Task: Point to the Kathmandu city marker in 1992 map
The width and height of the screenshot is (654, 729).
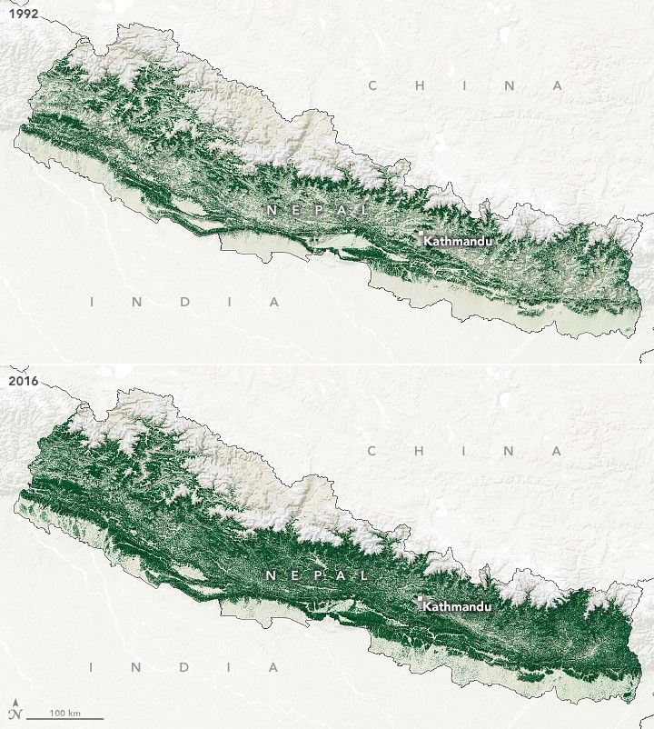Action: [420, 238]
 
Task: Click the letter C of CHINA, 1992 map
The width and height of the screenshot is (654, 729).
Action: [372, 85]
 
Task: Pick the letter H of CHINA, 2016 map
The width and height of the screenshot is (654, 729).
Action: [420, 450]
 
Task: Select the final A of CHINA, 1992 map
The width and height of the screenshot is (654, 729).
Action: [559, 85]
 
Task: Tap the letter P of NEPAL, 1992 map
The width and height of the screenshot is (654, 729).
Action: [318, 210]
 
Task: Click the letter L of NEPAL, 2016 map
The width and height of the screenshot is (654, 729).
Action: [364, 575]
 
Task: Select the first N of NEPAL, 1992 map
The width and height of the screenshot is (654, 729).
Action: [271, 210]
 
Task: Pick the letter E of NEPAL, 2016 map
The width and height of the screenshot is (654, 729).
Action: [294, 575]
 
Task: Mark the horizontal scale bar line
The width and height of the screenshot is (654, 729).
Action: [64, 718]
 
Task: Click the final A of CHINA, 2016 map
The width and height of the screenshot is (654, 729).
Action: [559, 450]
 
